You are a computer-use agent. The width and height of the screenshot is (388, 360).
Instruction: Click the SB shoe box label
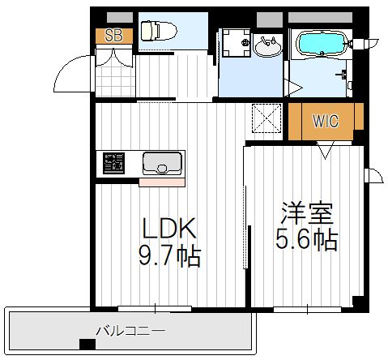pyautogui.click(x=113, y=36)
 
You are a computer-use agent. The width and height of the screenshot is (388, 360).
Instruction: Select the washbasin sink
pyautogui.click(x=268, y=46)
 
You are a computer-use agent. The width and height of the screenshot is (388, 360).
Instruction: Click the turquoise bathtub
pyautogui.click(x=322, y=45)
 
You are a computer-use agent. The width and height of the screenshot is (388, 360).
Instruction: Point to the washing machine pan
pyautogui.click(x=237, y=43)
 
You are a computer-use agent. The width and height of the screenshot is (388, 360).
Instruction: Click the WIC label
pyautogui.click(x=326, y=121)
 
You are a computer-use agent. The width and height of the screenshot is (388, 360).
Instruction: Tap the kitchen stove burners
pyautogui.click(x=113, y=163)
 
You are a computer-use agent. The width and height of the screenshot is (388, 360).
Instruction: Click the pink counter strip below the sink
pyautogui.click(x=162, y=182)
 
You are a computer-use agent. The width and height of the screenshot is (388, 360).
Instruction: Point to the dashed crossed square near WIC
pyautogui.click(x=266, y=118)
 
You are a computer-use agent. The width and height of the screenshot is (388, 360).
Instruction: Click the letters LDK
pyautogui.click(x=169, y=228)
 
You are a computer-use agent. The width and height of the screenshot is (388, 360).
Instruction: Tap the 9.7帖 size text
pyautogui.click(x=169, y=256)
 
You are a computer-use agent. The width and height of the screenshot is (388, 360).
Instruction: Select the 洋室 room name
pyautogui.click(x=307, y=213)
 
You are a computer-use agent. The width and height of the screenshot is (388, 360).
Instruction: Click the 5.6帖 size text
pyautogui.click(x=307, y=239)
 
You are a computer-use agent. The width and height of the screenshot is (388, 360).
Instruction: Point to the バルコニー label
pyautogui.click(x=131, y=331)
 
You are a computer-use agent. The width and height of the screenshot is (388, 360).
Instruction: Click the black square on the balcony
pyautogui.click(x=87, y=344)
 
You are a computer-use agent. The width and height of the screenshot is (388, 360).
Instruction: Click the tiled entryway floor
pyautogui.click(x=115, y=80)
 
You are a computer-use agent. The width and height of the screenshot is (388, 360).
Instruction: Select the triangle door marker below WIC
pyautogui.click(x=326, y=150)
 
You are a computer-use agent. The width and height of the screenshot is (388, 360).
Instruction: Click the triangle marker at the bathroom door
pyautogui.click(x=292, y=87)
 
